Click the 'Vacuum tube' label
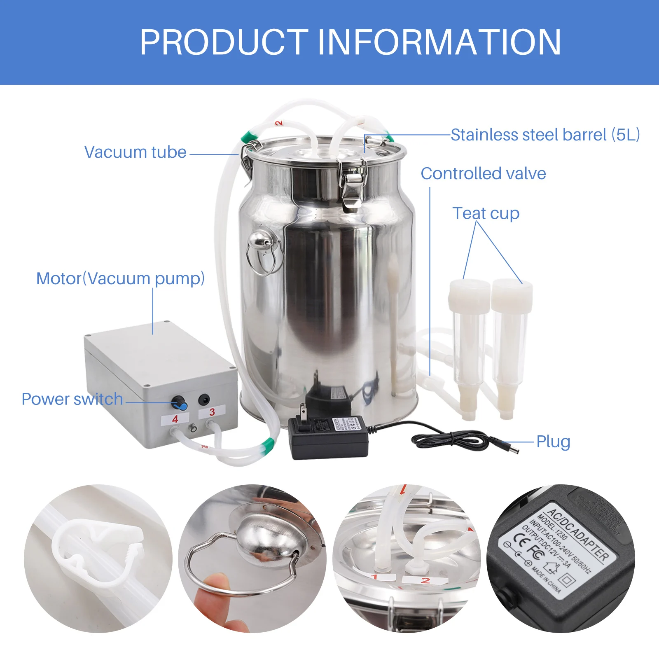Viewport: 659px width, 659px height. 135,152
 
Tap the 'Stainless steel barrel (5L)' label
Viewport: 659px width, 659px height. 545,135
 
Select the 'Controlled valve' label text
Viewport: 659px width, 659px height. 483,173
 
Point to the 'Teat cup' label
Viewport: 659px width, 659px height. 486,213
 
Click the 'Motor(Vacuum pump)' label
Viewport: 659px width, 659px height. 120,278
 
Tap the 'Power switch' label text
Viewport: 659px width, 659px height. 72,399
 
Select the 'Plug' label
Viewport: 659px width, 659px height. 553,442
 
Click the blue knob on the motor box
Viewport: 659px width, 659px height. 180,403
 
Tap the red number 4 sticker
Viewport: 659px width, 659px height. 175,419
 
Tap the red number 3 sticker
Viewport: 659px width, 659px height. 212,412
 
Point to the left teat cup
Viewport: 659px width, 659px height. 469,346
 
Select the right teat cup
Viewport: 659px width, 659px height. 510,346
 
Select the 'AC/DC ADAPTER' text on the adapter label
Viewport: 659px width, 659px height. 579,533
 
